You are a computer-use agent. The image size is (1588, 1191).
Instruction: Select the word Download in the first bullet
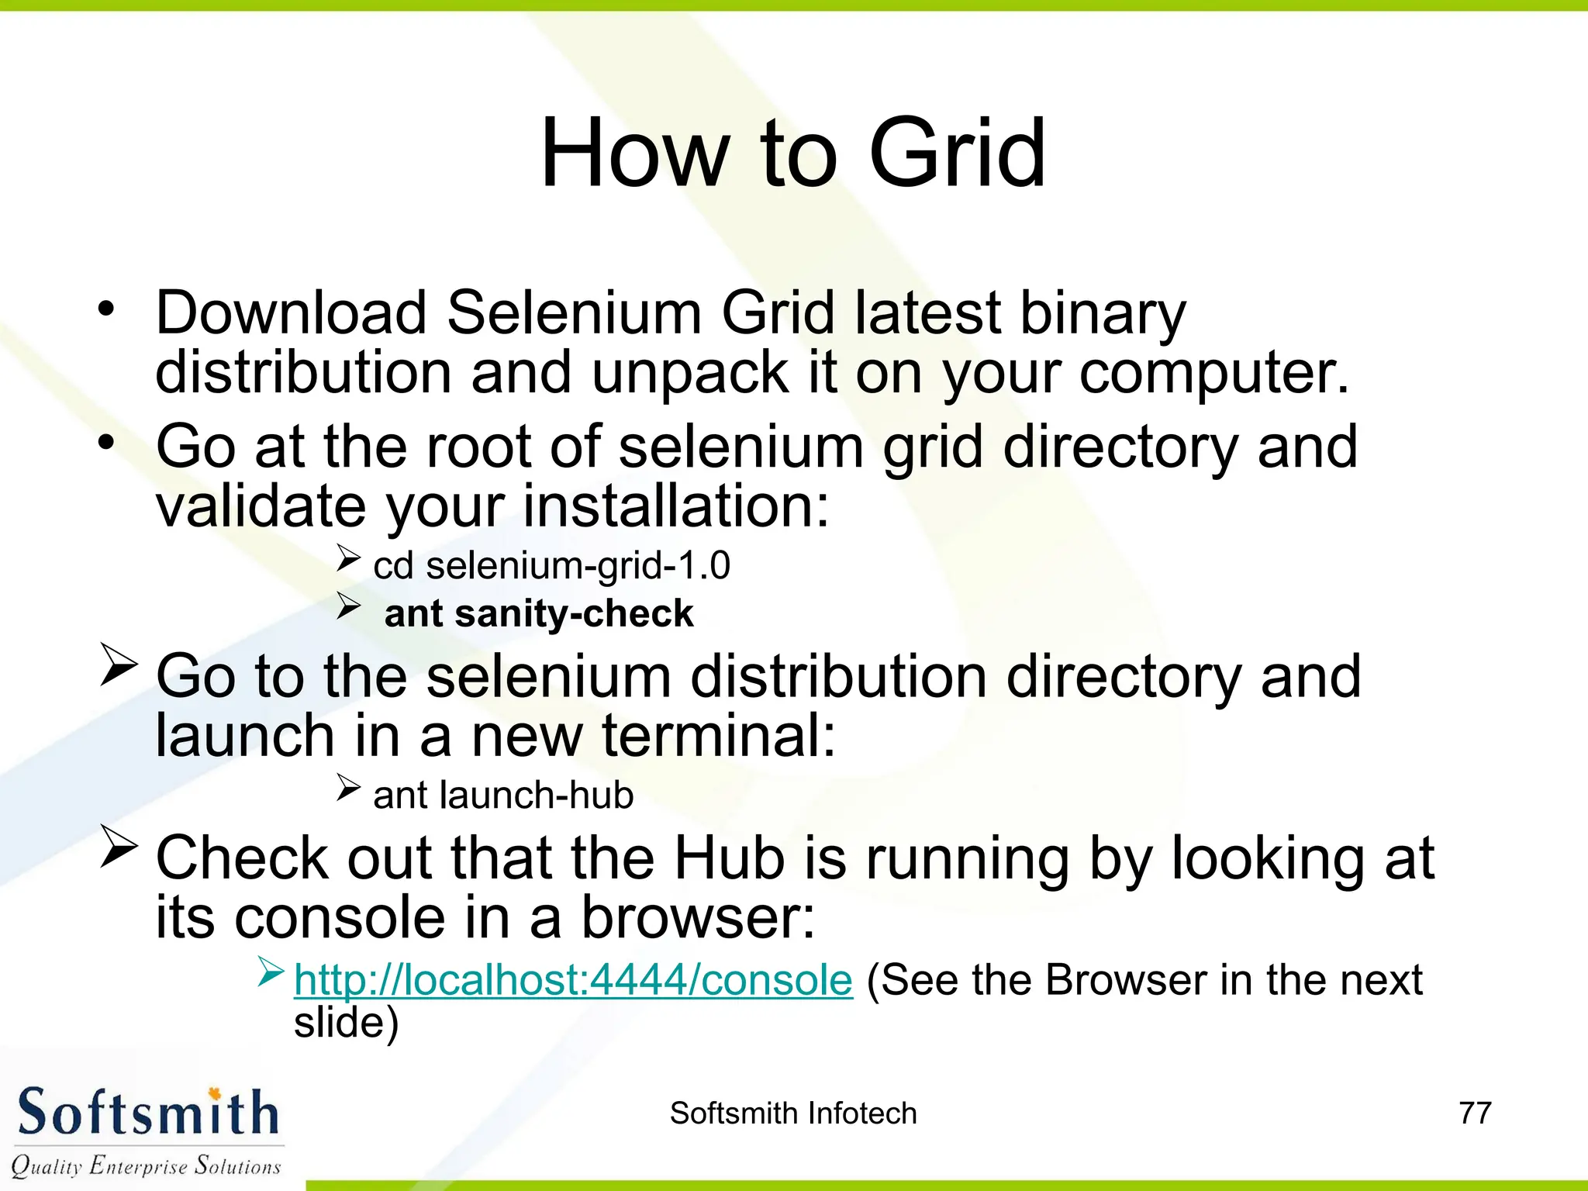click(x=291, y=312)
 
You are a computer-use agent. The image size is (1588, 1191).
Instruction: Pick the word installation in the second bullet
click(x=676, y=506)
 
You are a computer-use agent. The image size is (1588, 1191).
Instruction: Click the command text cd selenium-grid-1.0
click(x=551, y=565)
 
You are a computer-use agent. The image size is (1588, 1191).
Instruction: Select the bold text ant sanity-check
click(x=538, y=613)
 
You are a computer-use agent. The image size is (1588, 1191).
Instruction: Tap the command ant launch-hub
click(x=503, y=795)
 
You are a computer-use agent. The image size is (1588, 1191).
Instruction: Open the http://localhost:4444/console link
click(x=573, y=979)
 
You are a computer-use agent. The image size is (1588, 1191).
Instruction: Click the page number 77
click(x=1475, y=1113)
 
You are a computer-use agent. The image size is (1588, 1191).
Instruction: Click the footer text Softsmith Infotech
click(x=793, y=1113)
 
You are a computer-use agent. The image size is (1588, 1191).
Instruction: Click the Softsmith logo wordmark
click(x=147, y=1113)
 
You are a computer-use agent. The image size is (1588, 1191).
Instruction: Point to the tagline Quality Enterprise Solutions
click(x=146, y=1165)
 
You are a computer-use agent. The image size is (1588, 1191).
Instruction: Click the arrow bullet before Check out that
click(x=119, y=848)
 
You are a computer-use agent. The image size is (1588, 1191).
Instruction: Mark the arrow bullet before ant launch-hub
click(x=348, y=789)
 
